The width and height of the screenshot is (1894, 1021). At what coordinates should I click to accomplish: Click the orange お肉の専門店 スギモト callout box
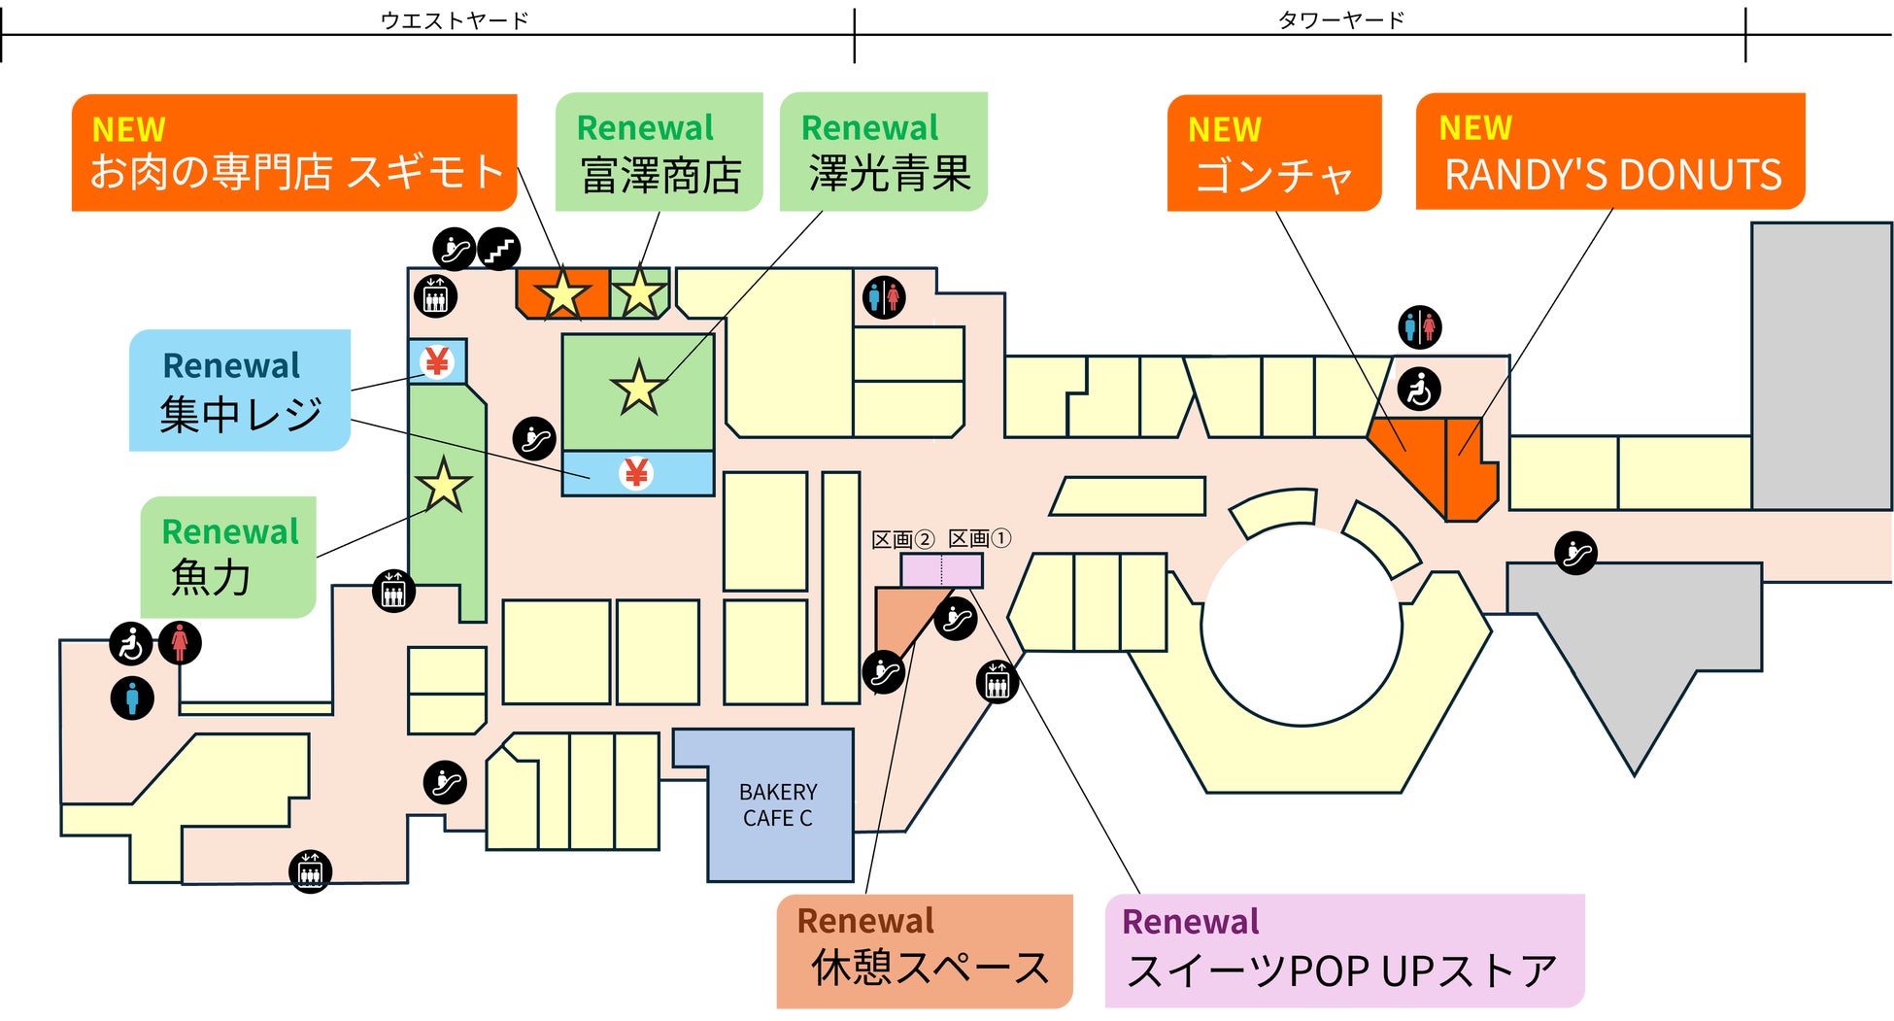click(x=294, y=153)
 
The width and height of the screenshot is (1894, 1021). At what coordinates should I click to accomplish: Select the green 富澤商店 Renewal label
click(x=660, y=152)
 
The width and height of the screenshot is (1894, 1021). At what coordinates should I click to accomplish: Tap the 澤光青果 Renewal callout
click(x=884, y=152)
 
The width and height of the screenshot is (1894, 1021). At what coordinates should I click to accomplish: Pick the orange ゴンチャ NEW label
click(x=1274, y=153)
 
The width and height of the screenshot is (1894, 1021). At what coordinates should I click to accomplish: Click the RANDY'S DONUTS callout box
click(x=1610, y=152)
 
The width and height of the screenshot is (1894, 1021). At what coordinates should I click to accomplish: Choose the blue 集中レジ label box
click(x=240, y=391)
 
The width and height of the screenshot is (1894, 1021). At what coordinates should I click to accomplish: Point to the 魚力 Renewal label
click(x=228, y=558)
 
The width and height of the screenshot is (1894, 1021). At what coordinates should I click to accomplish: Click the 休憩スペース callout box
click(x=925, y=952)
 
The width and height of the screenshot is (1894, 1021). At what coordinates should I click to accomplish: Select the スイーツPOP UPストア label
click(x=1345, y=951)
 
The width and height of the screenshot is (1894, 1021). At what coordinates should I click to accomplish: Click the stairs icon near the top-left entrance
click(x=499, y=250)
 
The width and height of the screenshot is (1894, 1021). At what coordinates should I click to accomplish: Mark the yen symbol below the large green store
click(x=636, y=473)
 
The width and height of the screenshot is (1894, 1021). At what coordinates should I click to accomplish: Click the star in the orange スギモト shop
click(x=562, y=293)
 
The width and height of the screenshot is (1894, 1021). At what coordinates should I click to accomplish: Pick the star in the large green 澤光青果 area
click(x=639, y=387)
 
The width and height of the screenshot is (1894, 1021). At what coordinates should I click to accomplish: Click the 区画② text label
click(x=903, y=540)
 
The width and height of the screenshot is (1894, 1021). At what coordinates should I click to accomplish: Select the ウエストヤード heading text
click(x=455, y=20)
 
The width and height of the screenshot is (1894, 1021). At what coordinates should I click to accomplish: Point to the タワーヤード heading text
click(x=1341, y=20)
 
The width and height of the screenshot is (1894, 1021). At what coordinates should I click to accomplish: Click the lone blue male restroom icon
click(x=132, y=698)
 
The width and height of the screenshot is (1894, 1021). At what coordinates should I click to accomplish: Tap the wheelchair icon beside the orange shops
click(x=1419, y=390)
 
